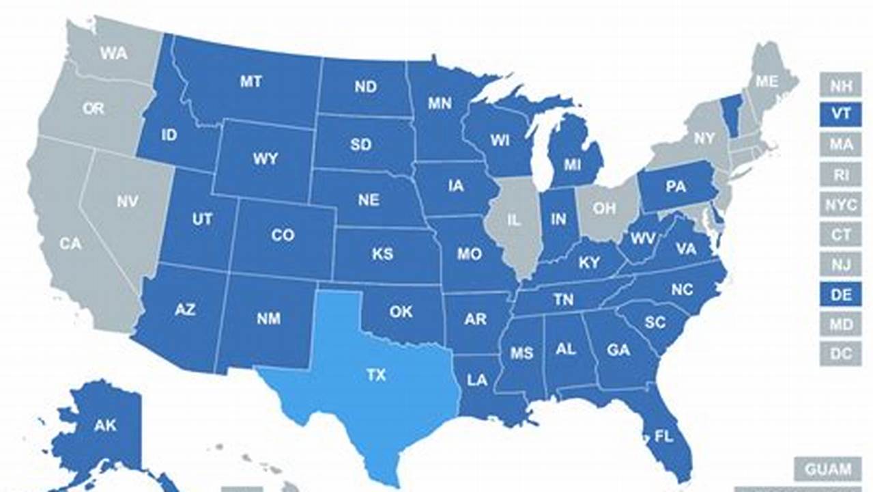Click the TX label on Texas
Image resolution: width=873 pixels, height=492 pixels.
[x=375, y=375]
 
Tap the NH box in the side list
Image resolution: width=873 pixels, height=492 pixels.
[x=840, y=85]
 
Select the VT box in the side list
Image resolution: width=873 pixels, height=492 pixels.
[x=840, y=114]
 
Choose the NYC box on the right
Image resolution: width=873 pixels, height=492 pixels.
[x=840, y=204]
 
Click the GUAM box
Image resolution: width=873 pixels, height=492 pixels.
[x=827, y=469]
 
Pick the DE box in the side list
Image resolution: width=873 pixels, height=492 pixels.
[x=840, y=295]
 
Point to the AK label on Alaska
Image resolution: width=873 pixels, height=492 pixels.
[x=105, y=426]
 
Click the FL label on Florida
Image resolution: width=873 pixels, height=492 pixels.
[x=663, y=436]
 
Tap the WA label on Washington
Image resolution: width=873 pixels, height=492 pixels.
[x=113, y=53]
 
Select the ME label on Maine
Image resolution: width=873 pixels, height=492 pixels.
[x=767, y=81]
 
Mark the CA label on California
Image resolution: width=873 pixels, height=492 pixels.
[x=70, y=243]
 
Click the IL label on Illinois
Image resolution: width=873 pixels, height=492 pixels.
[x=513, y=220]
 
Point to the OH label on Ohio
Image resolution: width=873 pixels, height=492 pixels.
[x=604, y=208]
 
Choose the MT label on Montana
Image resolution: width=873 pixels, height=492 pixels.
[x=251, y=82]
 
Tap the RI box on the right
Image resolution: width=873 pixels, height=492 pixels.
[x=840, y=174]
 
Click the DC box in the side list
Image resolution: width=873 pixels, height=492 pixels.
[x=840, y=353]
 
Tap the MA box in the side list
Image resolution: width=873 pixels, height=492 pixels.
[x=840, y=144]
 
